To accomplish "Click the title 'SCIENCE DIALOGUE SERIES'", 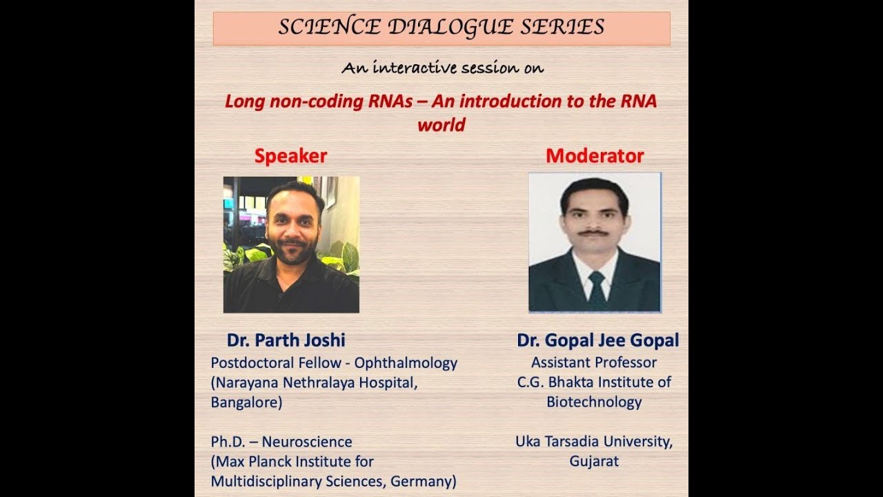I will (x=441, y=28).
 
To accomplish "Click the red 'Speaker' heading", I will (x=290, y=156).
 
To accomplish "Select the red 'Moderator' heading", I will (x=594, y=156).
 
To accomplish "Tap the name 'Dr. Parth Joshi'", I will (x=286, y=340).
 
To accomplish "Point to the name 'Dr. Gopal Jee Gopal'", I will (x=597, y=340).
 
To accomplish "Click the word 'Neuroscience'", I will (x=307, y=442).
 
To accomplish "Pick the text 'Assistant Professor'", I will (x=593, y=362).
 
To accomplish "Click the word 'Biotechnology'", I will (x=594, y=402).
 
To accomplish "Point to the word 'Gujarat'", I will (x=594, y=461).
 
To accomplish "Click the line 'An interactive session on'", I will (x=442, y=68).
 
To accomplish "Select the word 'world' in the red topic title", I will (x=441, y=125).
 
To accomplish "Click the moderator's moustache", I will (x=594, y=233).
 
